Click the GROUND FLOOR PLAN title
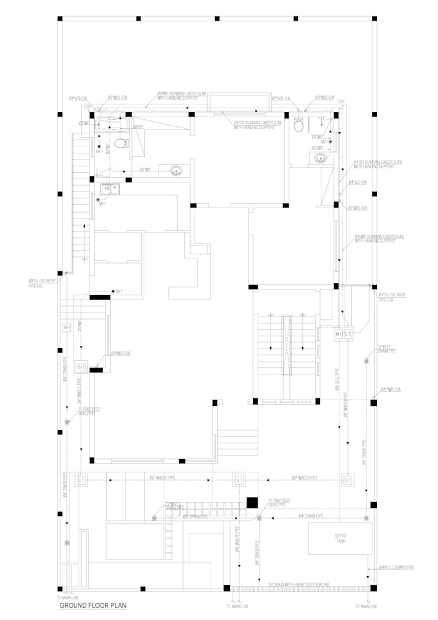click(93, 606)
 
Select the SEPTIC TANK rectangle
click(339, 538)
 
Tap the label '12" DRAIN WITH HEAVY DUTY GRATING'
click(299, 585)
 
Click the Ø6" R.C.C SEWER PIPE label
click(392, 568)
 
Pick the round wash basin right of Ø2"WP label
click(175, 171)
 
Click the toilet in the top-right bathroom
click(299, 126)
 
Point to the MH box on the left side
click(66, 328)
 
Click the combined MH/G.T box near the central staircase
click(343, 334)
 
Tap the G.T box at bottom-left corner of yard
click(81, 480)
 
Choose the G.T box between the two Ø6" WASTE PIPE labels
click(238, 480)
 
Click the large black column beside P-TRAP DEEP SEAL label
click(252, 502)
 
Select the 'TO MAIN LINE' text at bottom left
click(68, 599)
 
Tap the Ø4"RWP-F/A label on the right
click(390, 390)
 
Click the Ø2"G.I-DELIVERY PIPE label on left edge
click(42, 283)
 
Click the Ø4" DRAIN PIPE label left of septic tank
click(310, 517)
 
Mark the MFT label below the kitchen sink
click(102, 204)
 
